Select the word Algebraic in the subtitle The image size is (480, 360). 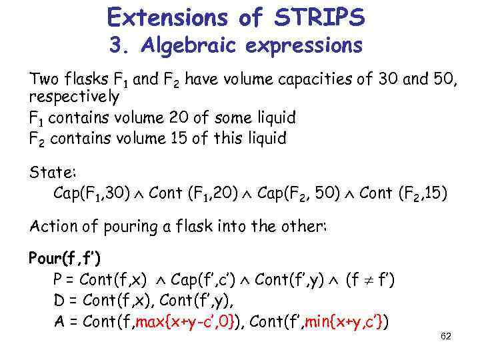tap(183, 46)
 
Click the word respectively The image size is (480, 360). tap(74, 97)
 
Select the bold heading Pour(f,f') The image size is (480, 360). tap(64, 258)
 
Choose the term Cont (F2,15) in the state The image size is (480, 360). tap(403, 194)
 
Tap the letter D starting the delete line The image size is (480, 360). tap(59, 301)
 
